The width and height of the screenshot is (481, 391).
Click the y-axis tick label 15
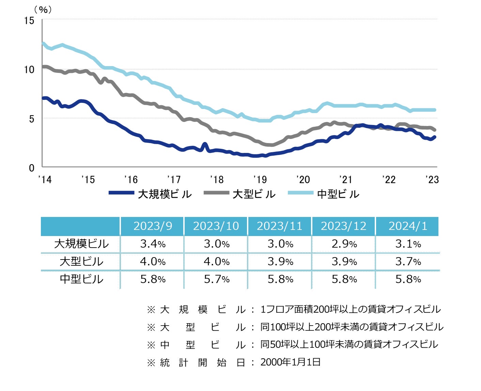click(29, 20)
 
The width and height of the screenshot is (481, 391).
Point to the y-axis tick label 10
click(29, 69)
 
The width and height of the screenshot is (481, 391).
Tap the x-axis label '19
click(260, 179)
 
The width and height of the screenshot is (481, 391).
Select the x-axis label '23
click(432, 179)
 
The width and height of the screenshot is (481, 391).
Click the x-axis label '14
click(45, 179)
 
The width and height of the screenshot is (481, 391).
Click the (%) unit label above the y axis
click(43, 10)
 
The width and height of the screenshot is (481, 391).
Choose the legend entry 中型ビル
click(324, 194)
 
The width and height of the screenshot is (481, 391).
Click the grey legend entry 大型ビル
click(239, 194)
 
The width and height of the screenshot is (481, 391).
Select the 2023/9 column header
click(153, 226)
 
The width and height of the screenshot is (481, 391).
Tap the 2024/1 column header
click(408, 226)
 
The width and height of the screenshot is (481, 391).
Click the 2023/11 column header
click(280, 226)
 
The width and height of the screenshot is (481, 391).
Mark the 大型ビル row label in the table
click(81, 262)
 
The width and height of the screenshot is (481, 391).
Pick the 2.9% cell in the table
click(344, 244)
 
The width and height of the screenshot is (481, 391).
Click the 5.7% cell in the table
click(217, 279)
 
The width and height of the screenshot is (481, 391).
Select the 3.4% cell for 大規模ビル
click(153, 244)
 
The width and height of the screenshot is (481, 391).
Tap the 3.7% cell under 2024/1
click(408, 262)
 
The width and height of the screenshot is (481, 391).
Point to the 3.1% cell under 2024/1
click(408, 244)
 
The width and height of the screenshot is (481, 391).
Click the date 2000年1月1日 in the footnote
click(290, 362)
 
